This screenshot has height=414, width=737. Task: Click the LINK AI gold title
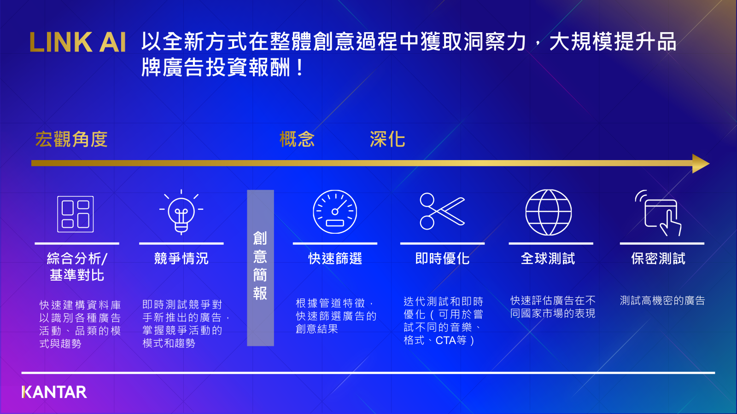point(78,42)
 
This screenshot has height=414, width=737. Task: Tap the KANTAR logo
point(54,392)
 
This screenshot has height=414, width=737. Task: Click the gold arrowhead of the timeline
point(701,163)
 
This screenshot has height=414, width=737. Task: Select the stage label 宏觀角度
point(71,139)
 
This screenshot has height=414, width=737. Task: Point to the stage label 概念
point(297,139)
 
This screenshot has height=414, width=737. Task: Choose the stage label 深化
point(387,139)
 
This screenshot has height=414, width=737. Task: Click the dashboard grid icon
point(76,214)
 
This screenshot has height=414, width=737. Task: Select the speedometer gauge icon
point(335,212)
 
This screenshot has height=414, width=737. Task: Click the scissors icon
point(442,211)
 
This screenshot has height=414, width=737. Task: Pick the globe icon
point(549,212)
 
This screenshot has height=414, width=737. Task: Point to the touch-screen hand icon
point(658,213)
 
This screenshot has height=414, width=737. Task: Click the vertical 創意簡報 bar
point(260,268)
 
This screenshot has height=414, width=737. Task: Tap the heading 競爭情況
point(181,259)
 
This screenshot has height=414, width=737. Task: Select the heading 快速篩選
point(335,259)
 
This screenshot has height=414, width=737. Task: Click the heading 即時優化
point(442,259)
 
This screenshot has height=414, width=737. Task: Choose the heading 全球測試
point(548,259)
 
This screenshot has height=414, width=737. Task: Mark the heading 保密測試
point(658,259)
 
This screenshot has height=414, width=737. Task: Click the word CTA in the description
point(445,340)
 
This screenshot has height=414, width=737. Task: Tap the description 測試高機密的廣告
point(662,300)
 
